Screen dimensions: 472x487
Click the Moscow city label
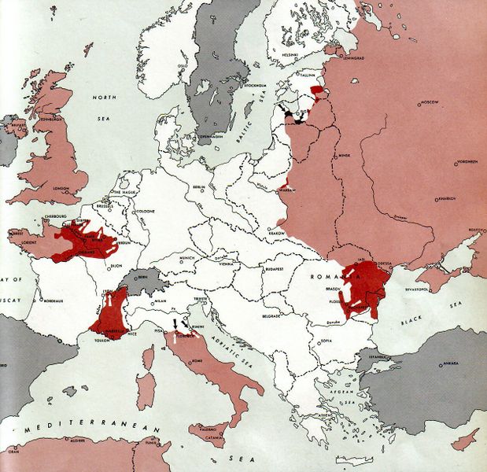[x=430, y=103]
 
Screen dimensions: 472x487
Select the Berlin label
[x=201, y=187]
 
